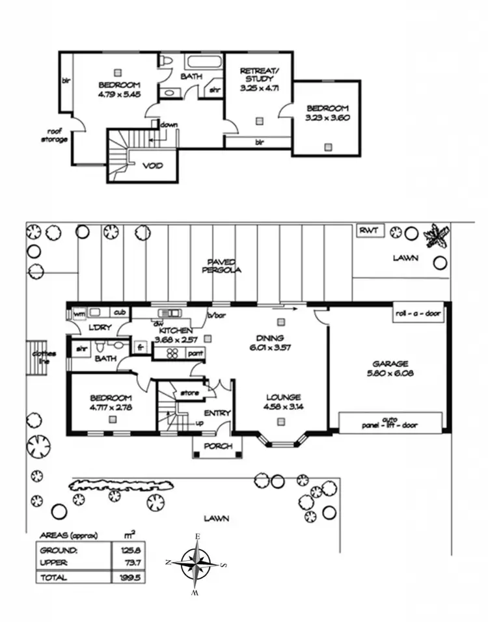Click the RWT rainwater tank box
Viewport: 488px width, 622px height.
point(372,230)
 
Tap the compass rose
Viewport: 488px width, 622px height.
point(196,563)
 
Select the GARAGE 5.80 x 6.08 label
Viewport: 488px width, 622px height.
point(390,369)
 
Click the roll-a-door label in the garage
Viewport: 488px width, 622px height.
point(418,314)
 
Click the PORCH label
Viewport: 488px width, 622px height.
point(217,446)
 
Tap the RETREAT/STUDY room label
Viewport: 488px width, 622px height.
point(259,79)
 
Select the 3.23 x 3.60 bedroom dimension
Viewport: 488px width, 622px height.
point(327,118)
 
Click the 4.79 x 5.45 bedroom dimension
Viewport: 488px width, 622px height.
point(119,94)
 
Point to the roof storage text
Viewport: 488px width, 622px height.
point(54,135)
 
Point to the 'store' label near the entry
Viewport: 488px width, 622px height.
point(189,393)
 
